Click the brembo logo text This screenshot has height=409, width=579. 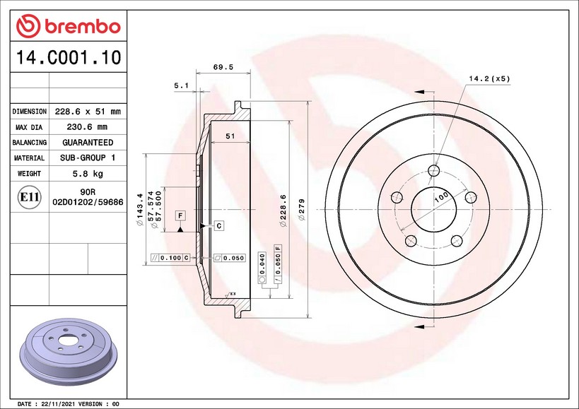tap(83, 27)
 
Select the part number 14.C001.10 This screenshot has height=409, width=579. tap(69, 57)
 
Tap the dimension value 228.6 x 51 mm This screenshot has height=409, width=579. tap(88, 112)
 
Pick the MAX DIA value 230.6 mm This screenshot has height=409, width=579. tap(87, 127)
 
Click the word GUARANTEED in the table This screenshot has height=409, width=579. tap(88, 143)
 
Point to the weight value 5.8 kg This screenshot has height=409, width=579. tap(88, 173)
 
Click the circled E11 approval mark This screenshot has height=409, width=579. tap(30, 197)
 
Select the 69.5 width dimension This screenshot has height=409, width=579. tap(223, 67)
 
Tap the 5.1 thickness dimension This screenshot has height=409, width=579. tap(181, 85)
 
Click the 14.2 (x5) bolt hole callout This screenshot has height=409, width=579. tap(489, 78)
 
